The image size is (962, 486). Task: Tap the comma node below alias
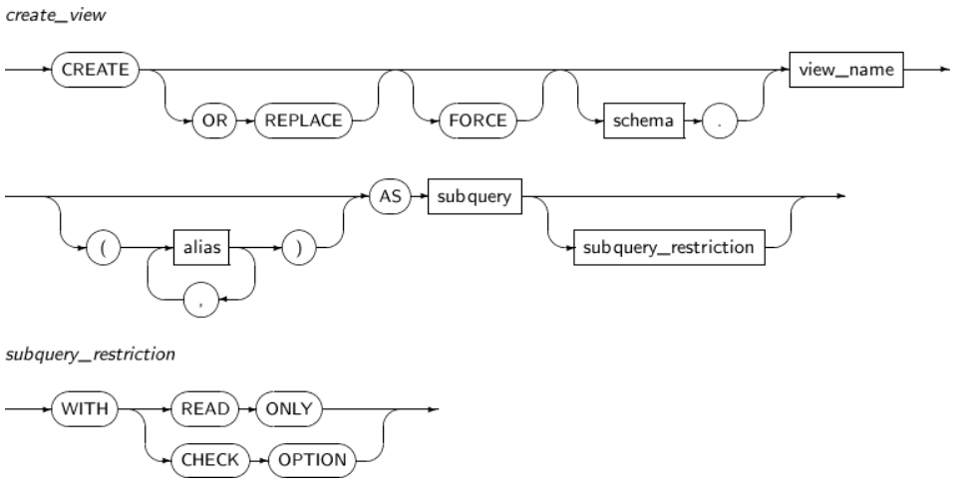click(201, 297)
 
